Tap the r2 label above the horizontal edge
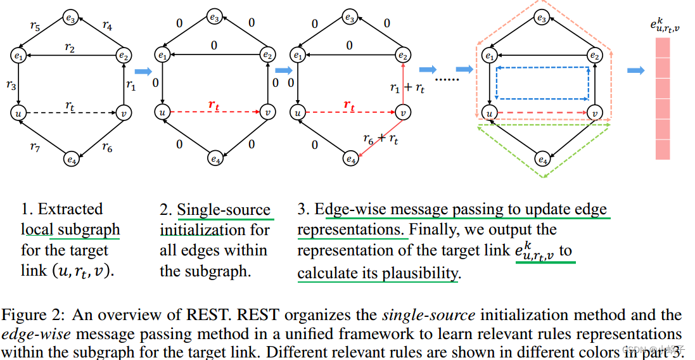pos(70,48)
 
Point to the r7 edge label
pos(35,147)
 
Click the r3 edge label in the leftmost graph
pos(11,85)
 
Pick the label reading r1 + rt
pos(407,87)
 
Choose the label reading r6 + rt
pos(381,139)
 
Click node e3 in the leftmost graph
pos(71,18)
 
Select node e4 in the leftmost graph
pos(71,160)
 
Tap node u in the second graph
pos(163,113)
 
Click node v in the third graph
pos(402,113)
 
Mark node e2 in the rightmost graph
pos(594,56)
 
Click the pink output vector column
pos(662,98)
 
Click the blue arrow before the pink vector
pos(635,70)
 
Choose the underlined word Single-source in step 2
pos(223,210)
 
